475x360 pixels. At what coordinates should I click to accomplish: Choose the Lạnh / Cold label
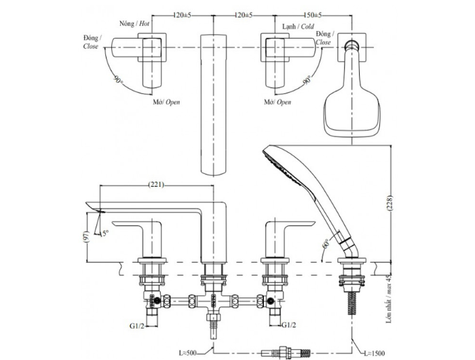(297, 26)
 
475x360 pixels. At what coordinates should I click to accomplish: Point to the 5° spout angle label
(106, 233)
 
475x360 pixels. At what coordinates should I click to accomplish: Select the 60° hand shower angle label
(326, 242)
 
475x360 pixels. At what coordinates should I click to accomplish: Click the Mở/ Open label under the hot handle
(166, 102)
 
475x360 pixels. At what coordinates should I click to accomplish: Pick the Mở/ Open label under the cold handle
(277, 102)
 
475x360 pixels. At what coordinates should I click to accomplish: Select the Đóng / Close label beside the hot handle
(91, 42)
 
